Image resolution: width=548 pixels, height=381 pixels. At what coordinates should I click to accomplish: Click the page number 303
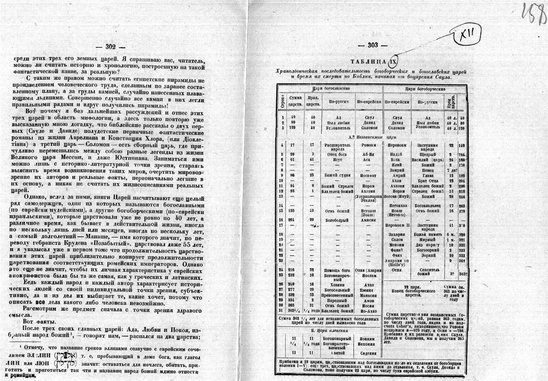[x=373, y=45]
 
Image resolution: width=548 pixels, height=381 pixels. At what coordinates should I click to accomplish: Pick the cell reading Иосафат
[x=368, y=175]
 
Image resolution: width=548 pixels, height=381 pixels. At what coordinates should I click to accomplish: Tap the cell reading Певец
[x=428, y=170]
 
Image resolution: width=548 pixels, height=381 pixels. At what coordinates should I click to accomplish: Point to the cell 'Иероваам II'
[x=397, y=225]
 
